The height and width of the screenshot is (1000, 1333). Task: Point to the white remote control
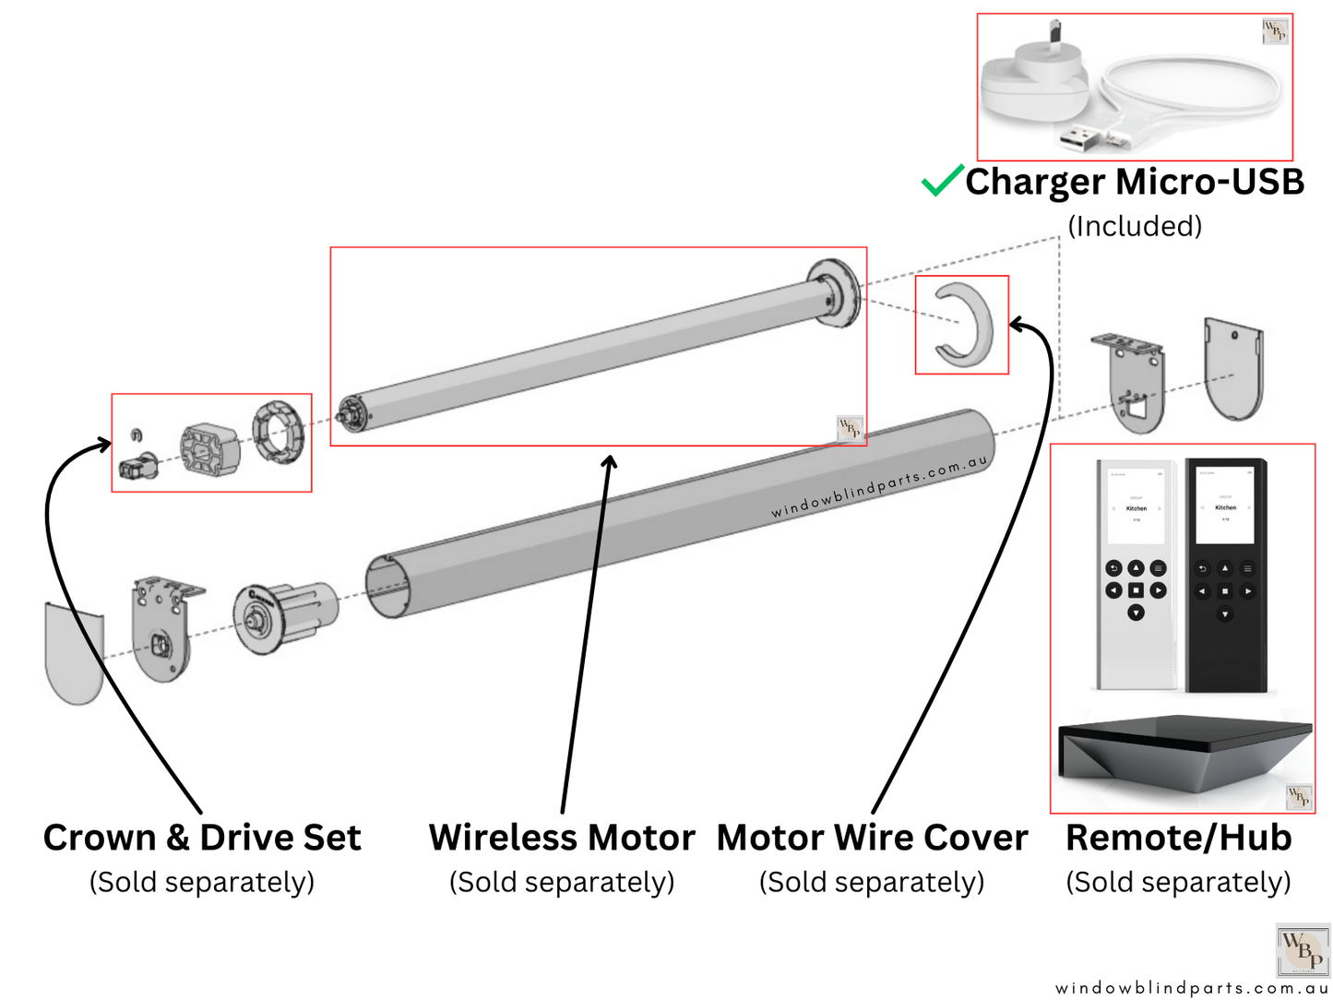1136,572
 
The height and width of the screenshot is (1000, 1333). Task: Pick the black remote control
1225,572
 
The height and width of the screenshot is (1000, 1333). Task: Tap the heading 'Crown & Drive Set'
202,838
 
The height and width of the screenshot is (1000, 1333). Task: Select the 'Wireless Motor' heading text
561,838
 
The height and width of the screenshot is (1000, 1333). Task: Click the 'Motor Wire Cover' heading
872,838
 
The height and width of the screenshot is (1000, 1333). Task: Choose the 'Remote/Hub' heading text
1178,838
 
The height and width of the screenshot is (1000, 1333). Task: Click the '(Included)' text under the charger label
1135,226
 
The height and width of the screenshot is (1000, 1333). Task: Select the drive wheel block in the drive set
210,448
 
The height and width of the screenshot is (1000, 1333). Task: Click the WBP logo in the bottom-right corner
1303,950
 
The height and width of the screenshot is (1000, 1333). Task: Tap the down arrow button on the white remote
1136,613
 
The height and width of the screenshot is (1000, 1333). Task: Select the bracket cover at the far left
74,652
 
